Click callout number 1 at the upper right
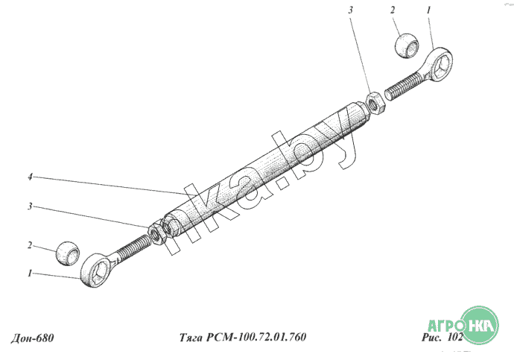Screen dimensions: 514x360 pos(428,10)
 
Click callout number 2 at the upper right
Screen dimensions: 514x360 pos(393,10)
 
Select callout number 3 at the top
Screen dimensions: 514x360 pos(351,10)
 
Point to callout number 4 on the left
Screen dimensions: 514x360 pos(30,177)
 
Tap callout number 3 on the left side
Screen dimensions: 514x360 pos(30,206)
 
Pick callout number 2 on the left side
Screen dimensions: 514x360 pos(30,245)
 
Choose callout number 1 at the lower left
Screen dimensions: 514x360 pos(30,273)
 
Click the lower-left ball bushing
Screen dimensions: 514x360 pos(68,253)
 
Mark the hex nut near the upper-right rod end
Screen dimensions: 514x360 pos(374,104)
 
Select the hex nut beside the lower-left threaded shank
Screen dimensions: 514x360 pos(158,233)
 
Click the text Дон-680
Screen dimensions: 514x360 pos(32,338)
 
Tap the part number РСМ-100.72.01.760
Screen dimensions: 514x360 pos(256,337)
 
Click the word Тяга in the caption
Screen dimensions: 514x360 pos(191,338)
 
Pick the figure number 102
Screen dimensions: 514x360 pos(455,338)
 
